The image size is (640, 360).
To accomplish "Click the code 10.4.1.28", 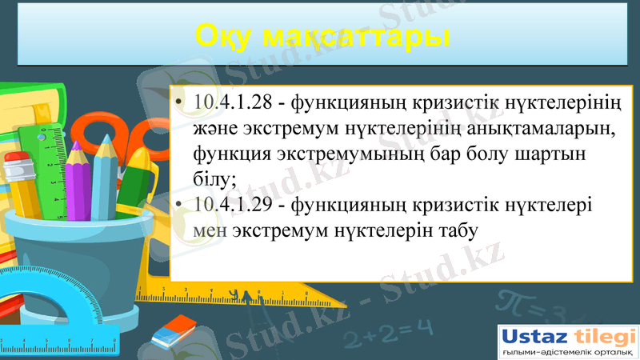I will coord(238,103).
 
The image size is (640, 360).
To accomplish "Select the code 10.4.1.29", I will coord(238,205).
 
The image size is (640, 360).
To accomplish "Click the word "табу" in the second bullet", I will coord(452,230).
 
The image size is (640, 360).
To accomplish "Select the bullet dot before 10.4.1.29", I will coord(182,206).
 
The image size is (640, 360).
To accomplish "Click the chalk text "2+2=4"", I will coord(392,327).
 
